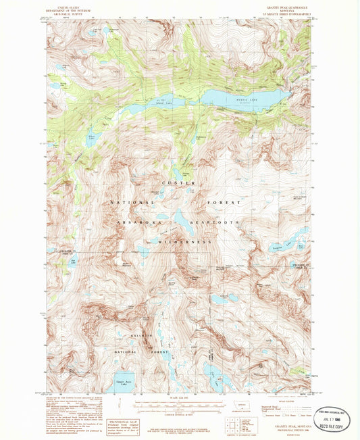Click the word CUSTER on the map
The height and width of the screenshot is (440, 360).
[179, 183]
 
